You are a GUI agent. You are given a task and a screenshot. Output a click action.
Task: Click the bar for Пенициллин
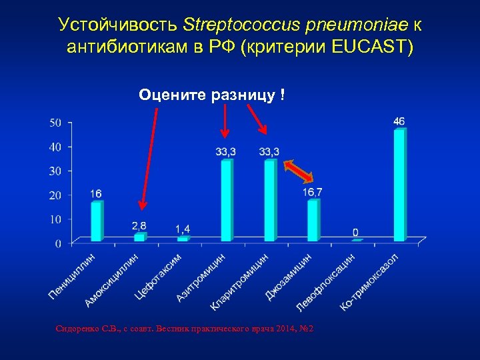(x=97, y=221)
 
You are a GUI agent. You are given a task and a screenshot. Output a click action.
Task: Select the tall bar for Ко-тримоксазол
(x=399, y=185)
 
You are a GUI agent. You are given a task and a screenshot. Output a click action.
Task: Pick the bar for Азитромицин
(x=227, y=200)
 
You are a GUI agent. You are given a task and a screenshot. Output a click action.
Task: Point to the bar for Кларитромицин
(x=269, y=200)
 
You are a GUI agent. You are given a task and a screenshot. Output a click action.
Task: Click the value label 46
(x=399, y=121)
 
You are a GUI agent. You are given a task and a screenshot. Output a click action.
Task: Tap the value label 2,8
(x=139, y=225)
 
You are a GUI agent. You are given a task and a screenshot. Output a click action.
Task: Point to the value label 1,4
(x=183, y=229)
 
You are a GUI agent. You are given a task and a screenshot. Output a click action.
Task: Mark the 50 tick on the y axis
(x=56, y=123)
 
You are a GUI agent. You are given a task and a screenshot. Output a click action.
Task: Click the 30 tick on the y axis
(x=56, y=171)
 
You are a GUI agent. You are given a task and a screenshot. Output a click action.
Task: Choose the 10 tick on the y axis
(x=56, y=219)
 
